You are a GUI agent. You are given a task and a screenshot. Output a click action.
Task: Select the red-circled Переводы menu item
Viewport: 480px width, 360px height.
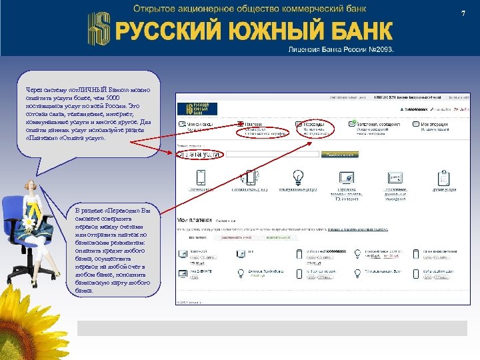click(x=311, y=127)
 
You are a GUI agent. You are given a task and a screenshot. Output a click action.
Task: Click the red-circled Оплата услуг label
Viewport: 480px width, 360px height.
click(x=199, y=154)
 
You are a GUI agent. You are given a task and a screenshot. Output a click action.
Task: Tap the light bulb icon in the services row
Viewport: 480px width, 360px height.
click(x=297, y=177)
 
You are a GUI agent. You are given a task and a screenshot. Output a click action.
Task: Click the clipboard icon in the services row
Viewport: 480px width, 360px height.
click(x=444, y=177)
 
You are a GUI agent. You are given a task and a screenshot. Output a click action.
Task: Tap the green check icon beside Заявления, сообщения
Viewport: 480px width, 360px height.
click(x=352, y=124)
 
